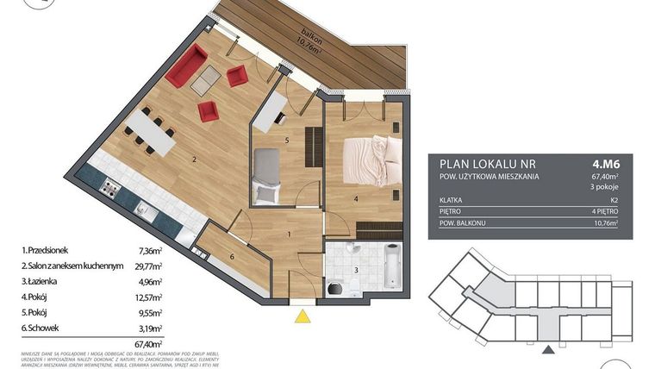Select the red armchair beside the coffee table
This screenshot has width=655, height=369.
coord(208,110)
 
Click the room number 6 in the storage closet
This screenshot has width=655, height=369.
coord(232,257)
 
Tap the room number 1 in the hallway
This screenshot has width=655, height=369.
coord(289,233)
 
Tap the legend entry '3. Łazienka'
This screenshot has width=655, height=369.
coord(47,279)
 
